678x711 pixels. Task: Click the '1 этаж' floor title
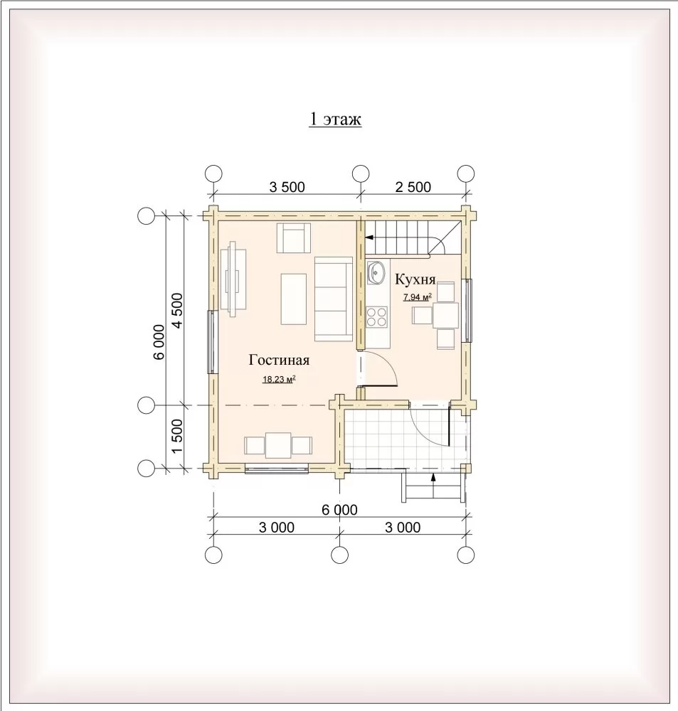[335, 119]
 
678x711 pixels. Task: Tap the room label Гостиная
[279, 360]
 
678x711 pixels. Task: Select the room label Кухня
[415, 279]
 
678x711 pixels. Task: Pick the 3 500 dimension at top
[287, 187]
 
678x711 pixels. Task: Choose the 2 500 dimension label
[413, 187]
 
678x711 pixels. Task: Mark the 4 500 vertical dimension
[176, 311]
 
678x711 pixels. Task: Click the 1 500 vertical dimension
[176, 436]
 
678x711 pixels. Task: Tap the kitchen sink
[376, 272]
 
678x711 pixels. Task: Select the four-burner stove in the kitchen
[376, 316]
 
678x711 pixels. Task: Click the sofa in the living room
[334, 299]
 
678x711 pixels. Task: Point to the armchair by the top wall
[294, 237]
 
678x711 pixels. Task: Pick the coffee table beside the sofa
[294, 299]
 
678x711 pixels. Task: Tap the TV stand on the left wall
[234, 279]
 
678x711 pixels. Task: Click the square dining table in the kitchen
[445, 315]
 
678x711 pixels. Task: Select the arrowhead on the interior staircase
[369, 237]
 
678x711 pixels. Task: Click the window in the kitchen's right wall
[467, 310]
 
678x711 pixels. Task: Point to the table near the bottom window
[278, 445]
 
